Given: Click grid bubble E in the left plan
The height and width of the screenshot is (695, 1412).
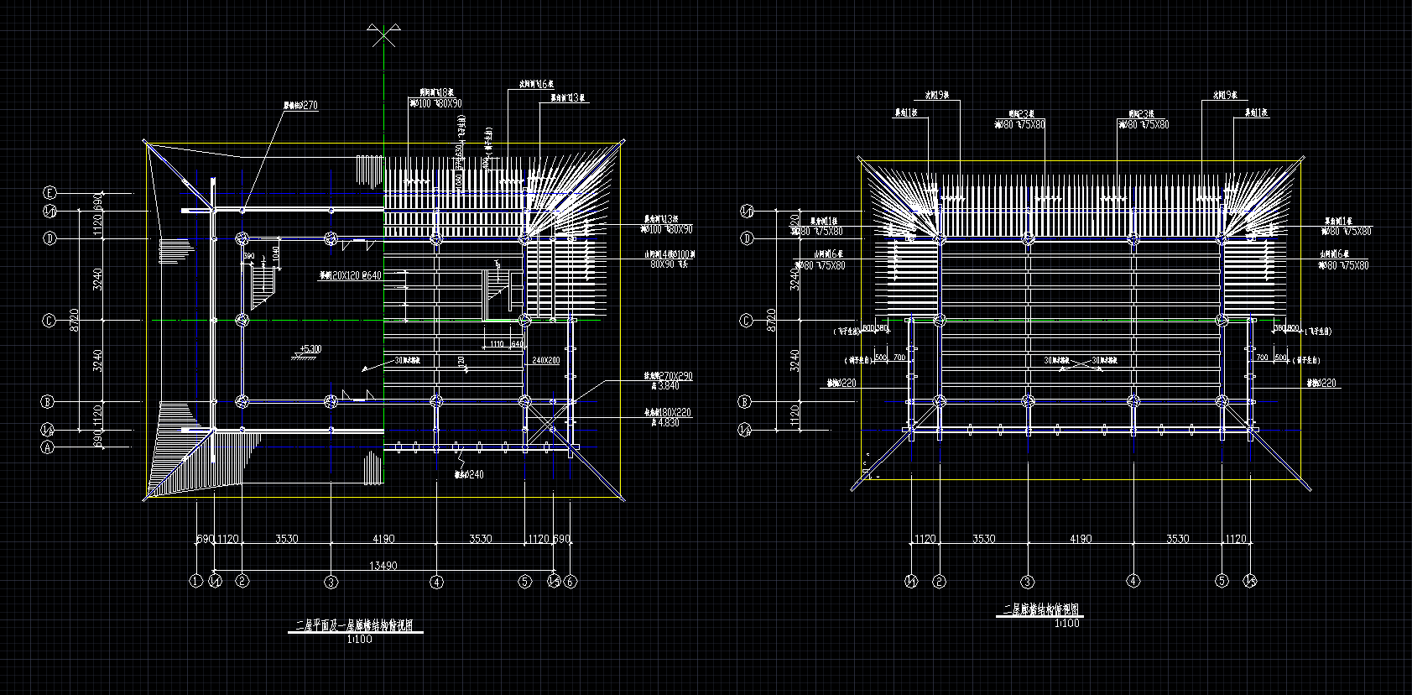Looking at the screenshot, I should click(x=49, y=192).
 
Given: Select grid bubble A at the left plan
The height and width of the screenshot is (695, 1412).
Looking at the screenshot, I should click(x=49, y=447).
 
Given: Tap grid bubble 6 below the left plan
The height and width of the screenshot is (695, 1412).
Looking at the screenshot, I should click(x=571, y=582).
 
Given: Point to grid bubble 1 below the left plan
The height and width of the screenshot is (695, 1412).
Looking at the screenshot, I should click(x=196, y=582).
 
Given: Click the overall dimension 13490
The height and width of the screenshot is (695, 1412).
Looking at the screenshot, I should click(x=383, y=567).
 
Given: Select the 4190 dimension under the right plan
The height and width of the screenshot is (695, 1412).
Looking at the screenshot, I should click(x=1081, y=539).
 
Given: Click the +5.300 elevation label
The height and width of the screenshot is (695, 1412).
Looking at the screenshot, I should click(x=310, y=349).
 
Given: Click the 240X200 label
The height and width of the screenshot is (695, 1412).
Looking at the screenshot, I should click(x=545, y=361).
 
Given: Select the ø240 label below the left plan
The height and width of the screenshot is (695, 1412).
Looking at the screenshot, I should click(x=472, y=474).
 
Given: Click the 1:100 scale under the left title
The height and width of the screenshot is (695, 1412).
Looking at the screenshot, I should click(x=359, y=640).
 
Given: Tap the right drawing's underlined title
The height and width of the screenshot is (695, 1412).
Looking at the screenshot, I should click(x=1041, y=610).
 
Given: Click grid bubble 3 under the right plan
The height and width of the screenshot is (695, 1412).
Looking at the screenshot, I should click(x=1027, y=582).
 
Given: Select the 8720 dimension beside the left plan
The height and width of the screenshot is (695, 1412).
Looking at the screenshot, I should click(x=74, y=320).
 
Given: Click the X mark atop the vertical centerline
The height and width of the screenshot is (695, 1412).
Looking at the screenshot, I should click(x=384, y=36).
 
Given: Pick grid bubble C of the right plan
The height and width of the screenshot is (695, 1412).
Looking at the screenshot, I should click(x=747, y=321).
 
